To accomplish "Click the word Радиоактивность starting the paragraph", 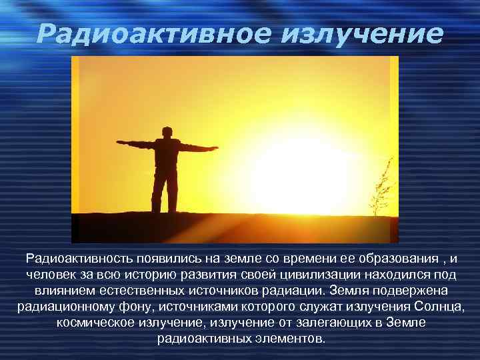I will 79,259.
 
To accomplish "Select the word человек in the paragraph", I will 49,275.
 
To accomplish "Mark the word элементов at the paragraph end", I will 291,339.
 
